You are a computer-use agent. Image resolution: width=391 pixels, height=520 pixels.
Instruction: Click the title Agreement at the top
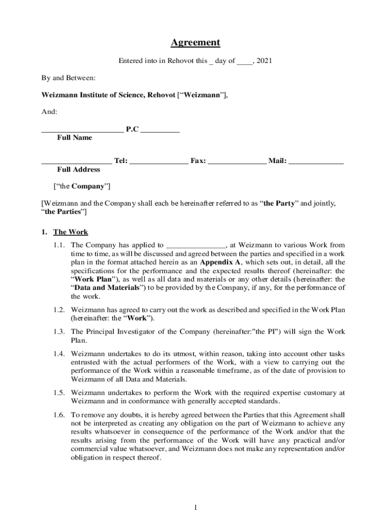(195, 43)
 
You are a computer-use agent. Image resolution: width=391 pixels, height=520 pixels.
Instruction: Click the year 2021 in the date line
(265, 61)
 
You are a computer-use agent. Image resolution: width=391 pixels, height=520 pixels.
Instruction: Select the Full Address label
(78, 170)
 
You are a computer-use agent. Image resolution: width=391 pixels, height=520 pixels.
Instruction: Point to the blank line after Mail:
(316, 162)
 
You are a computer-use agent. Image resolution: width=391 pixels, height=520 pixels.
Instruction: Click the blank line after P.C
(159, 131)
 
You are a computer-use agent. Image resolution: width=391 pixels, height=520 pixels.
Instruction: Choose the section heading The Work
(71, 232)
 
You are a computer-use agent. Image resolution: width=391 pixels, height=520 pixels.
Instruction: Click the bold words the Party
(277, 203)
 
